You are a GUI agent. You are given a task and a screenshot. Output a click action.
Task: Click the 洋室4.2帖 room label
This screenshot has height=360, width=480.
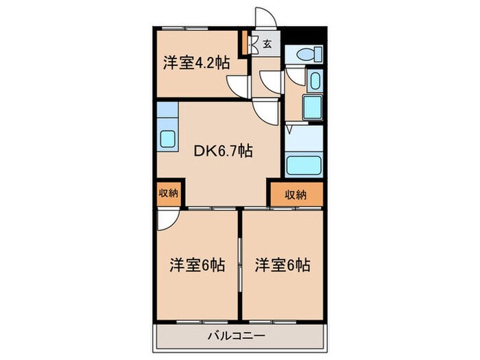195,62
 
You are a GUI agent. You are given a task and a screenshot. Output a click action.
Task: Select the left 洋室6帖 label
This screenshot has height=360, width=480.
197,265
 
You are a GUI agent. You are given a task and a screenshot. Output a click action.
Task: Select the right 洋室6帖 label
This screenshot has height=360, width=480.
283,265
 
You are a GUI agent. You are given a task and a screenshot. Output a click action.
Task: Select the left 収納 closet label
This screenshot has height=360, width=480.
168,194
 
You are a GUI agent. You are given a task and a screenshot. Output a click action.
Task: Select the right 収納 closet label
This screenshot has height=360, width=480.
296,195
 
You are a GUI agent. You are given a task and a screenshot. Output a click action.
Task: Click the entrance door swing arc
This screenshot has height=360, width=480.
264,18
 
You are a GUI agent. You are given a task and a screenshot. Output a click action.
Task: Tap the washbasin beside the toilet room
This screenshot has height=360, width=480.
314,82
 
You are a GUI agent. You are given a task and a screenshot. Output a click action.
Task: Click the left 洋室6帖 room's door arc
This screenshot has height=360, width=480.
167,219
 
